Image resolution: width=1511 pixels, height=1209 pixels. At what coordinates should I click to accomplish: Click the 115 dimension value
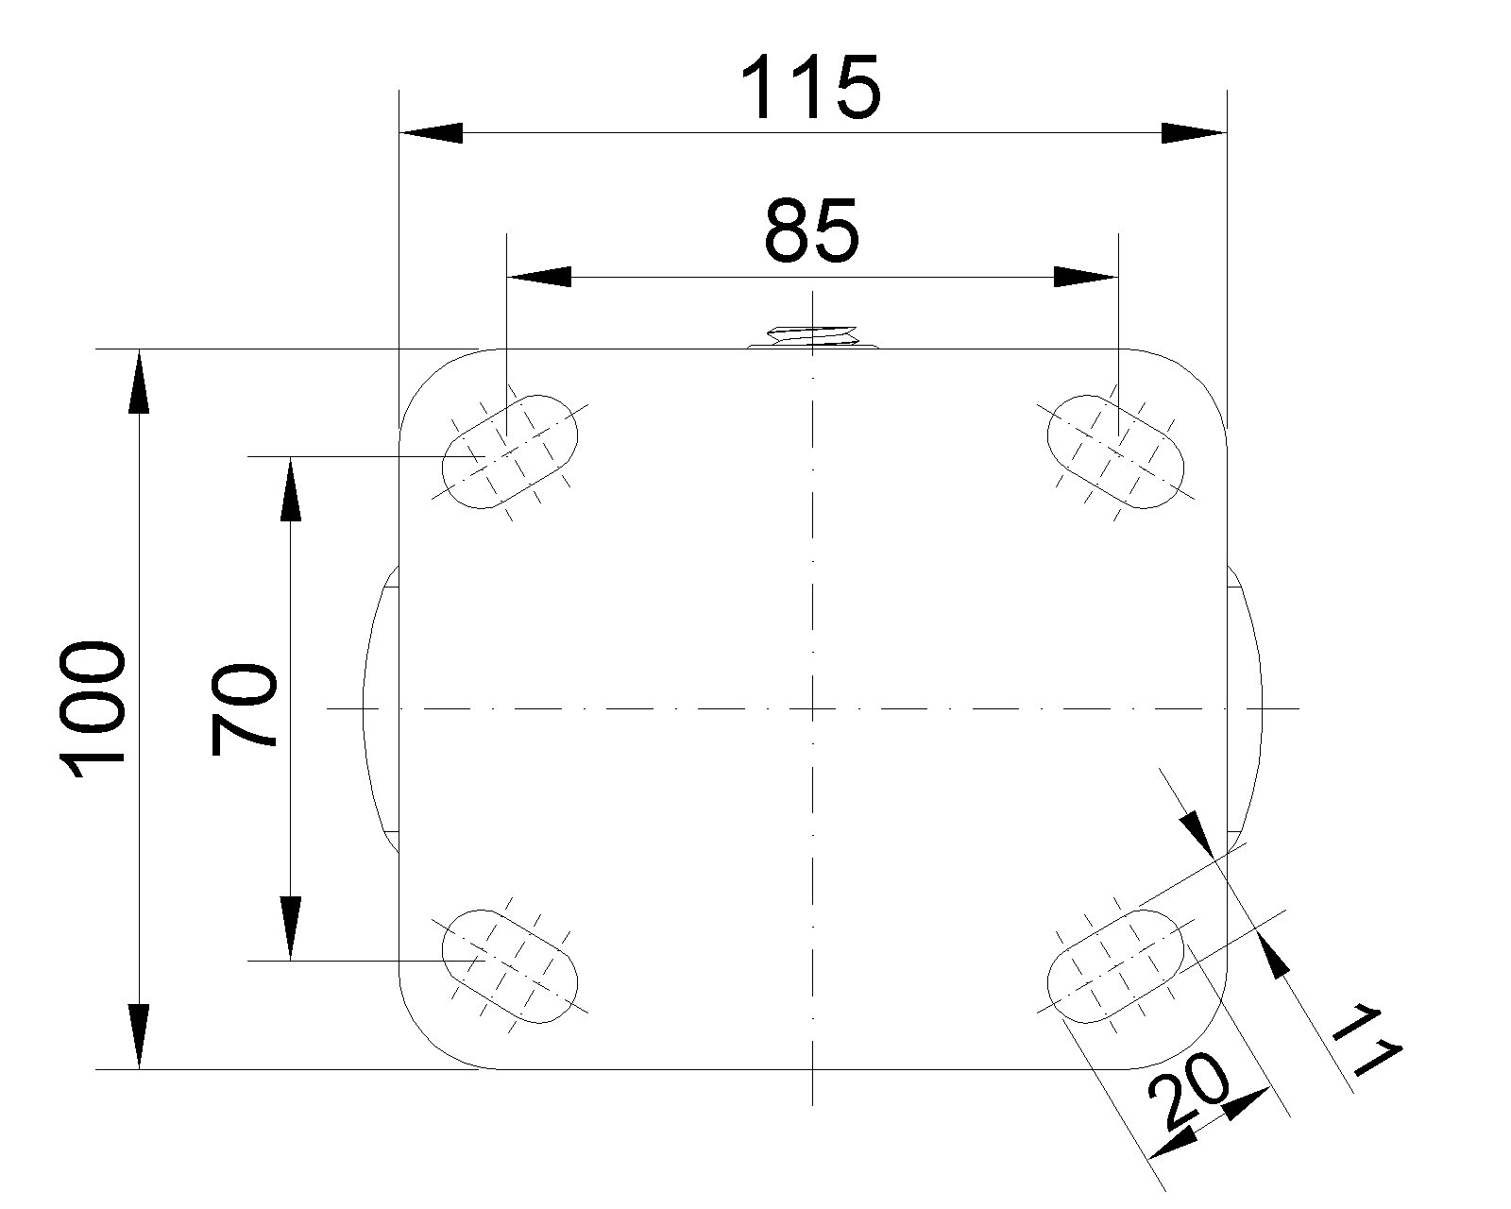[811, 88]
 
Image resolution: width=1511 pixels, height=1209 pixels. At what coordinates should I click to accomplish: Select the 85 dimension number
[811, 230]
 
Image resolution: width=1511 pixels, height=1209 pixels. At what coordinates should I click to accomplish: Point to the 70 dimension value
[244, 710]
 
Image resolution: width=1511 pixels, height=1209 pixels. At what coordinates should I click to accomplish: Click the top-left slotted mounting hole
[510, 451]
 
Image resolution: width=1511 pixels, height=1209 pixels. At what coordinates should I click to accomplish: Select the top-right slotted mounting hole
[1115, 451]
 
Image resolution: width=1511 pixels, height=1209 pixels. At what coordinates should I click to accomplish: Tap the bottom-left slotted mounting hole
[510, 966]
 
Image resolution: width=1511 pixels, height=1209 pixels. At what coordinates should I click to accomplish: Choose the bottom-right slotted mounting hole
[1115, 966]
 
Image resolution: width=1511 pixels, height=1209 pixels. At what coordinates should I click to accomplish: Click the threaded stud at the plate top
[812, 336]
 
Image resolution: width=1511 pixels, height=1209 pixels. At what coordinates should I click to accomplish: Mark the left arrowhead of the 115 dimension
[432, 133]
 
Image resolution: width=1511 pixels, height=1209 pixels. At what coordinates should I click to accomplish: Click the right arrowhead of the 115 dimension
[1195, 133]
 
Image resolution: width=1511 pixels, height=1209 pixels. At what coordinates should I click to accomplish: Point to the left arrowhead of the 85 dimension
[539, 277]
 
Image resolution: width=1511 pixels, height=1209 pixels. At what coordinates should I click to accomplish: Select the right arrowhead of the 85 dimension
[1085, 277]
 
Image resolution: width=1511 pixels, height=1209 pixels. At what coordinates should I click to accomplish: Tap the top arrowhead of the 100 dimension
[139, 381]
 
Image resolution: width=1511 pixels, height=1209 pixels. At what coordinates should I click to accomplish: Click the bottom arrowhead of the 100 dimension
[139, 1037]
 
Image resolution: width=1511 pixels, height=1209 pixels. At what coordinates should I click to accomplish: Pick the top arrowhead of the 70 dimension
[291, 489]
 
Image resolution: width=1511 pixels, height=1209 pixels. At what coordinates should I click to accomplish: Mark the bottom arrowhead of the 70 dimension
[291, 928]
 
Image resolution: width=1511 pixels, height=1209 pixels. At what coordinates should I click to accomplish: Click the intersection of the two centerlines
[812, 708]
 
